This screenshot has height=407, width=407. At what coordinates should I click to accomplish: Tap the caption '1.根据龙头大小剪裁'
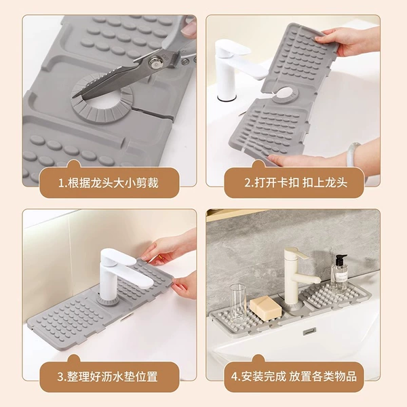click(109, 183)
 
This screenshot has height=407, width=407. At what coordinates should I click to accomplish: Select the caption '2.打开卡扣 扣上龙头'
click(296, 182)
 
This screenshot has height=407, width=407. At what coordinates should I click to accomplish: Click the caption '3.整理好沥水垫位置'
click(107, 376)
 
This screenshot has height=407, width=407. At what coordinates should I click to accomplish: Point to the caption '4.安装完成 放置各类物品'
click(294, 376)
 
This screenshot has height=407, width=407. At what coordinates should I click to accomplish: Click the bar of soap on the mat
click(266, 307)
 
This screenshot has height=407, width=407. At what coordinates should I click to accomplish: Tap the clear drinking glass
click(238, 304)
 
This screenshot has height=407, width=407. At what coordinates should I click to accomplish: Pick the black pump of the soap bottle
click(341, 260)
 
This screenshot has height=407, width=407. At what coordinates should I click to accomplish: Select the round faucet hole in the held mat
click(286, 93)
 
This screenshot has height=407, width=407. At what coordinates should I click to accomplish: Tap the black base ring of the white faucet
click(227, 98)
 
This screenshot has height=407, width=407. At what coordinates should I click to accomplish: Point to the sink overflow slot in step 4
click(310, 331)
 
